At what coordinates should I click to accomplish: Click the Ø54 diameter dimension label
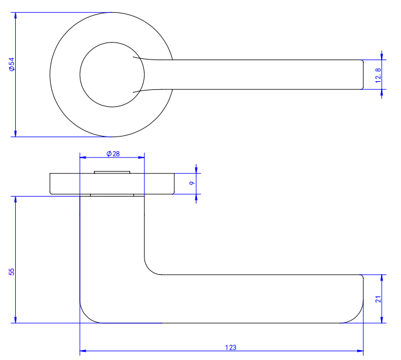(11, 65)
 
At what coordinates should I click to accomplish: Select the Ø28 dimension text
(112, 153)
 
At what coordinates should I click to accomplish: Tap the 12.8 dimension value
(378, 75)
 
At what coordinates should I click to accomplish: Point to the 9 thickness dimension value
(192, 183)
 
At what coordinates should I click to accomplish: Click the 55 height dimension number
(11, 272)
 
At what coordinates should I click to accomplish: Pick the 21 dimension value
(378, 299)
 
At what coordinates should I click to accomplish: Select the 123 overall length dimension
(230, 347)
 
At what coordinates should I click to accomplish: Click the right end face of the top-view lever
(363, 74)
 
